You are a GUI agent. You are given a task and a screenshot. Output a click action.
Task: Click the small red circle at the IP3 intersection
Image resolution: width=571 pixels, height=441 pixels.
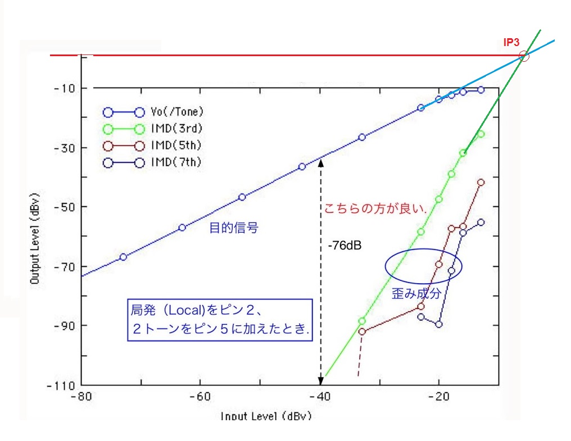[x=524, y=56]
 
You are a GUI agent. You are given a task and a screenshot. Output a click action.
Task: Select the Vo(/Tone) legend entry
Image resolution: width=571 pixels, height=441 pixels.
[x=176, y=111]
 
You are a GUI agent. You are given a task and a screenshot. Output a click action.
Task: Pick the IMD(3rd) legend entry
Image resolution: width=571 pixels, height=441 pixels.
[x=176, y=129]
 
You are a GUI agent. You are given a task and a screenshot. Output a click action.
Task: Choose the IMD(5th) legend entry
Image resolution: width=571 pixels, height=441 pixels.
[x=176, y=146]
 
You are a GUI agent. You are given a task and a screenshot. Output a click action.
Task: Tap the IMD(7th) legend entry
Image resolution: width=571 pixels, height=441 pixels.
[x=176, y=163]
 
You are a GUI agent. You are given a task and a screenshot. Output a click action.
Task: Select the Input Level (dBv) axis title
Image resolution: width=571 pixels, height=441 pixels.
[x=265, y=416]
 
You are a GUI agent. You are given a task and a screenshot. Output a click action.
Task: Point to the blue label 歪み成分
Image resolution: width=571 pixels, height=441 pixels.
[x=418, y=294]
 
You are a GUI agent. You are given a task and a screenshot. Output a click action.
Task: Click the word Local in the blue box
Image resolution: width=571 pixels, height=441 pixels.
[x=179, y=310]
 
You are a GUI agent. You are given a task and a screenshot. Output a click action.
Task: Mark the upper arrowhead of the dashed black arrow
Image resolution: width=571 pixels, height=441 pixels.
[x=321, y=162]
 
